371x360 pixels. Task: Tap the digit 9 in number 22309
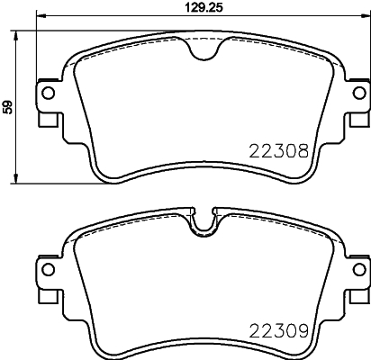307,332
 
